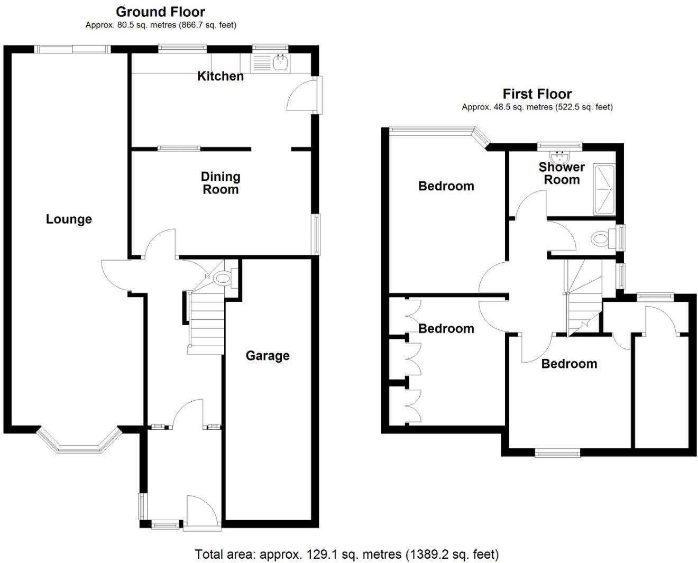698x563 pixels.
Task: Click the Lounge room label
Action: click(x=69, y=219)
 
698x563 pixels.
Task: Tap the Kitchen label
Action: click(x=221, y=76)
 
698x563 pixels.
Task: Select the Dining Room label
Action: click(x=221, y=183)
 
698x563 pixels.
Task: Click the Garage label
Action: click(x=267, y=356)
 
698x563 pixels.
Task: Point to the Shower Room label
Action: click(x=562, y=173)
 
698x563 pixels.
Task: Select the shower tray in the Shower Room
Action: click(x=604, y=190)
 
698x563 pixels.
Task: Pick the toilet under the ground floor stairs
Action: click(x=224, y=278)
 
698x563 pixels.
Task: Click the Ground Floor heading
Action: click(x=160, y=12)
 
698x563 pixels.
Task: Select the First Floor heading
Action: click(x=537, y=94)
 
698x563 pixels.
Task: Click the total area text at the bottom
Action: click(x=346, y=554)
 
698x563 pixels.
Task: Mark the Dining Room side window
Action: click(x=316, y=235)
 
